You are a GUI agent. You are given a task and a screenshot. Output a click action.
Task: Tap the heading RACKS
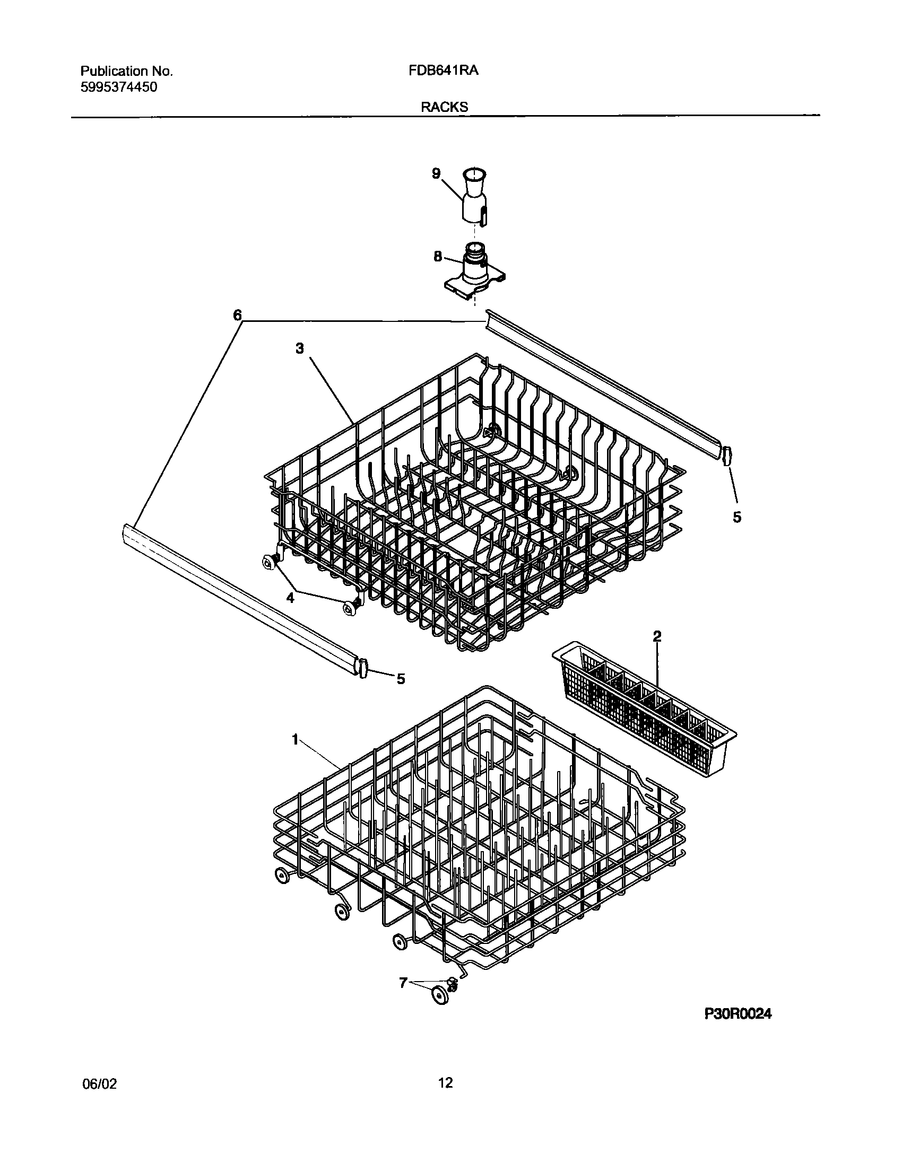point(445,107)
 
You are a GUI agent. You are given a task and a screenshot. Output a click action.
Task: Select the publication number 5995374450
point(119,87)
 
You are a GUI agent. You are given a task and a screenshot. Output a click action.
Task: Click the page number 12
point(446,1082)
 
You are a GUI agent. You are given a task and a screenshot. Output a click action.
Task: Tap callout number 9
point(436,173)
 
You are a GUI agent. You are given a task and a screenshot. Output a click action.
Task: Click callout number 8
point(437,257)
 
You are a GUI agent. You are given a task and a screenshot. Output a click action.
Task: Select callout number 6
point(237,316)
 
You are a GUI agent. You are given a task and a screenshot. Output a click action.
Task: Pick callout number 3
point(300,348)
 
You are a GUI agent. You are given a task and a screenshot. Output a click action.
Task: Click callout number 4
point(290,598)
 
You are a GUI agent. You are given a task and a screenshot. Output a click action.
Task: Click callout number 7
point(403,983)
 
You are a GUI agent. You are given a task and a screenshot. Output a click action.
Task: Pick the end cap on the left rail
point(363,668)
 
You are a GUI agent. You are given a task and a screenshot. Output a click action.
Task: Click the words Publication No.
point(127,71)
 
